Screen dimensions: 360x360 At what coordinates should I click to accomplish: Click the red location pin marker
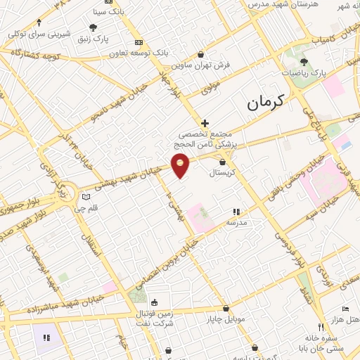[x=181, y=165]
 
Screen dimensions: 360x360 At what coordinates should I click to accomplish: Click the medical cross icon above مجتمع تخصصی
[x=205, y=123]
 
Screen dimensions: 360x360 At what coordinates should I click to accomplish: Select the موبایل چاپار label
[x=225, y=319]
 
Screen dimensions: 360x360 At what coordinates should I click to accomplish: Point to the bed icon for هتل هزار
[x=345, y=309]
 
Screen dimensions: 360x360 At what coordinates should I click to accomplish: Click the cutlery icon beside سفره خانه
[x=321, y=327]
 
